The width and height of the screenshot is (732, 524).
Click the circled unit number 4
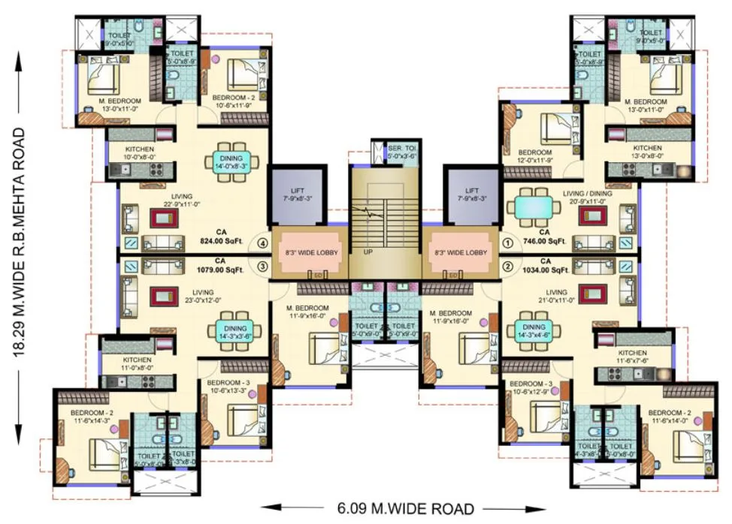(x=262, y=243)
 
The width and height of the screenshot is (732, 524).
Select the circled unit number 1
(x=507, y=243)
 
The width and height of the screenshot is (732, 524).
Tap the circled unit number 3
(x=262, y=266)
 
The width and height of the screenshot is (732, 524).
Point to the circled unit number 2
(x=507, y=266)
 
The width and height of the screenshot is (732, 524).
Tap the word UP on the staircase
(x=368, y=252)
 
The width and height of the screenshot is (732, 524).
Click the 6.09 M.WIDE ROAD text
(x=401, y=508)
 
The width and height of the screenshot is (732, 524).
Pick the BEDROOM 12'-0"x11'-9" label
(x=534, y=156)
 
